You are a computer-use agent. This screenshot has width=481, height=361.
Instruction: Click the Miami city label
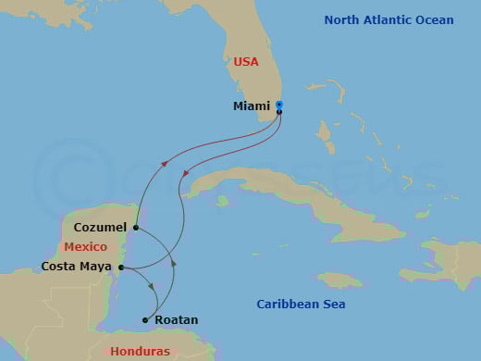[253, 106]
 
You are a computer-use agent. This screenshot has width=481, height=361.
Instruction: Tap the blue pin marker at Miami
[279, 106]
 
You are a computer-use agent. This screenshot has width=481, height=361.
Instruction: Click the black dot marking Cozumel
[136, 227]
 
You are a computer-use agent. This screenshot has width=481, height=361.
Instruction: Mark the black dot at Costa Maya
[121, 268]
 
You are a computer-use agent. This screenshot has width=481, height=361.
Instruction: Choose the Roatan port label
[176, 320]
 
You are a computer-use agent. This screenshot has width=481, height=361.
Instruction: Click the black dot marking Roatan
[145, 320]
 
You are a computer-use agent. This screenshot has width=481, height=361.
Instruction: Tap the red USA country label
[246, 62]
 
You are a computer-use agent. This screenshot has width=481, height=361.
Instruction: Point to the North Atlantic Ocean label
[388, 19]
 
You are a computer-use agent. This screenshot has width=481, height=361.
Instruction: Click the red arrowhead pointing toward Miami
[166, 163]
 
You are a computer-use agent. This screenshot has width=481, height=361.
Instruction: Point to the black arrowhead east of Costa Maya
[174, 264]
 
